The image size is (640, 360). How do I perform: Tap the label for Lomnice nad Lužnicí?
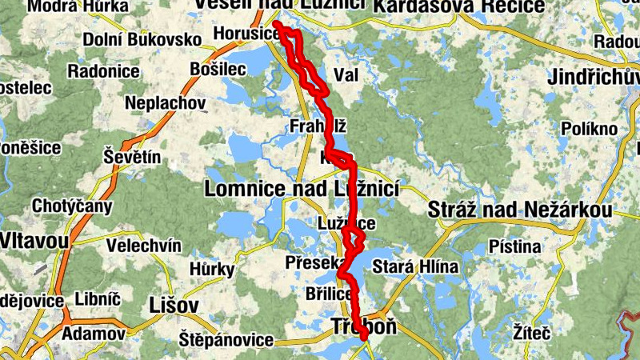coord(302,190)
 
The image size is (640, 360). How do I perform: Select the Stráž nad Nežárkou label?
coord(521,210)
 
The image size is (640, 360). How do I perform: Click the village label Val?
coord(346,74)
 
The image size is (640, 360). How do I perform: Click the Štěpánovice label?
coord(226,339)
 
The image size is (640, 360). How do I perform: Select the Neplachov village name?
coord(166,103)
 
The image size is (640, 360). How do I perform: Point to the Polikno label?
coord(590,129)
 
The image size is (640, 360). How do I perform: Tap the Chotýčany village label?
coord(72,206)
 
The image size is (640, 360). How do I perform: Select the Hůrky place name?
coord(213,269)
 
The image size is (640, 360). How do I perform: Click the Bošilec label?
coord(218,70)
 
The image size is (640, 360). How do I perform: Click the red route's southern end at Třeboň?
coord(365,338)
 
